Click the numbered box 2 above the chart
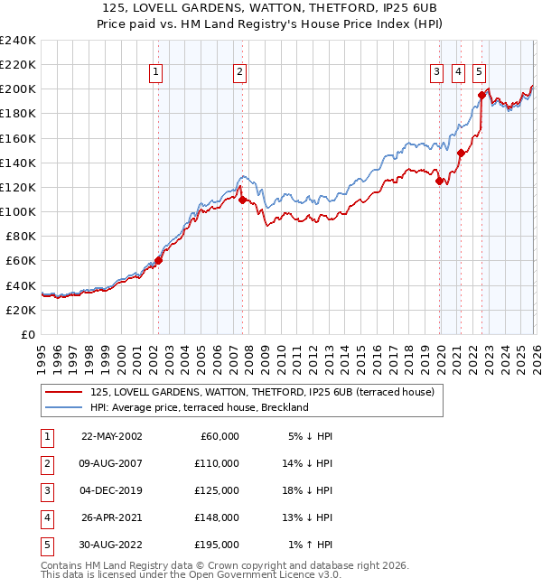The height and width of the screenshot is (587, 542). (x=239, y=73)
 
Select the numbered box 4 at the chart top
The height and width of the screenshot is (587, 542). (x=458, y=73)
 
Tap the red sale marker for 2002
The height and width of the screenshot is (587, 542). (x=158, y=260)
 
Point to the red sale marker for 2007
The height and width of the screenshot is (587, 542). (x=242, y=199)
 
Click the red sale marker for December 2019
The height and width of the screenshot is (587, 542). (x=439, y=181)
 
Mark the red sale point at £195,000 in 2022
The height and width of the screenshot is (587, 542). (x=481, y=95)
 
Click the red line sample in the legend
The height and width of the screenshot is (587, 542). (x=63, y=392)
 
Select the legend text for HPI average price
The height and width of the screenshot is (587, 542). (x=200, y=407)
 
